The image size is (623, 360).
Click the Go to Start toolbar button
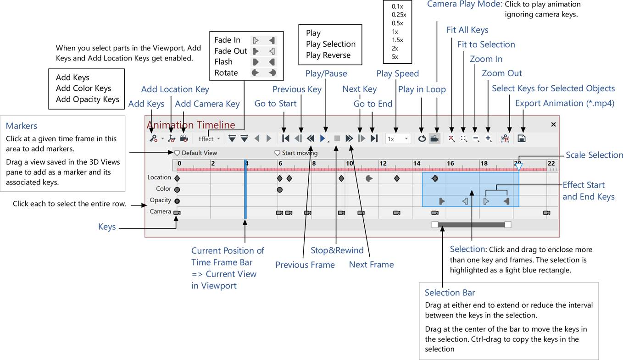[x=285, y=138]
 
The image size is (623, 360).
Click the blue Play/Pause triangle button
[x=323, y=138]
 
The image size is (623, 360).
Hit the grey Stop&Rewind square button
[x=336, y=138]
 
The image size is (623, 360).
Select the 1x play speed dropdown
[x=397, y=139]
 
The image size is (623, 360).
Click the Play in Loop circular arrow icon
[x=422, y=138]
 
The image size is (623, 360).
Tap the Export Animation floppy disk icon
[x=521, y=138]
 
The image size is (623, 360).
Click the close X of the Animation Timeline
[x=553, y=124]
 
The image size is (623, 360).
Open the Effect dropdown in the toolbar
[x=209, y=139]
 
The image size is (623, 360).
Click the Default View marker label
[x=199, y=153]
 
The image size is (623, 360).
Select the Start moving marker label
[x=300, y=153]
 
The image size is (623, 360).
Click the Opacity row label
[x=160, y=200]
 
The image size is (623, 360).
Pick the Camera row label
[x=160, y=212]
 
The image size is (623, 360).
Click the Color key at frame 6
[x=279, y=189]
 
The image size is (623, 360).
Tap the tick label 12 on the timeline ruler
[x=383, y=163]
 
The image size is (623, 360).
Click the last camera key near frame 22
[x=546, y=213]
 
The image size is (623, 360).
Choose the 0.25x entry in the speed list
[x=399, y=15]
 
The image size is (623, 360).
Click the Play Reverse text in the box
[x=328, y=55]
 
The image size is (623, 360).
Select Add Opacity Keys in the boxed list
[x=87, y=99]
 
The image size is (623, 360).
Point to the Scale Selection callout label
[x=594, y=155]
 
